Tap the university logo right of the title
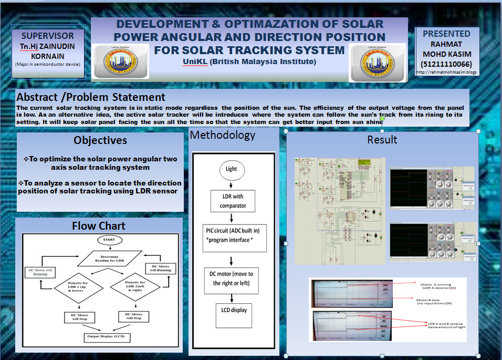[377, 61]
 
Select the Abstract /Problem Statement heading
[91, 97]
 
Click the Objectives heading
[100, 140]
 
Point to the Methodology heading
[223, 135]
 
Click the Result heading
[382, 139]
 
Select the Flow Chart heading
[99, 226]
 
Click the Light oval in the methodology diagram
[231, 169]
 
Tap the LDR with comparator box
[232, 201]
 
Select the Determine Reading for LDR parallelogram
[109, 258]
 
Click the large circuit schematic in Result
[340, 210]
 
